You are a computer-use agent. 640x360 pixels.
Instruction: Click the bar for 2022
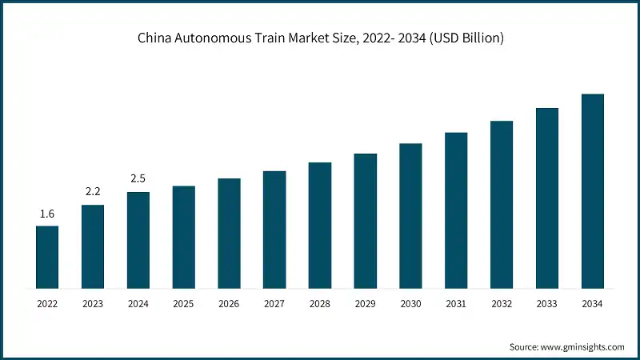(47, 257)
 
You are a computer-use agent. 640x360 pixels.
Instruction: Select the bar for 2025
(183, 237)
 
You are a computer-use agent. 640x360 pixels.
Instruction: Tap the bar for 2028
(320, 225)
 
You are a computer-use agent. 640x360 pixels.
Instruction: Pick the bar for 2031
(456, 210)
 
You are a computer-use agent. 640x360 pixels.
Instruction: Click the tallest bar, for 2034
(592, 190)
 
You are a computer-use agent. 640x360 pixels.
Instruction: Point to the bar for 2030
(410, 215)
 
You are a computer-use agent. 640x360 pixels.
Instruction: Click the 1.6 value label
(47, 214)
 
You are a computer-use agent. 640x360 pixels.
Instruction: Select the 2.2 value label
(93, 193)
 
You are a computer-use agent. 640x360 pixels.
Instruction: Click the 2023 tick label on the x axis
(93, 304)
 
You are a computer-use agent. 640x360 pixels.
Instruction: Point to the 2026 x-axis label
(229, 304)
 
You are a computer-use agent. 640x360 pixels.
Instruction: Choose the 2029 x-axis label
(365, 304)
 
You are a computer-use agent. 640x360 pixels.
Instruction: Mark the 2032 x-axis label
(502, 304)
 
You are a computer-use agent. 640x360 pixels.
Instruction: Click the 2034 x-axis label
(592, 304)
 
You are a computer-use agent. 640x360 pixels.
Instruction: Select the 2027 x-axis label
(274, 304)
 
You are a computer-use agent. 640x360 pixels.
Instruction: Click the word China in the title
(153, 38)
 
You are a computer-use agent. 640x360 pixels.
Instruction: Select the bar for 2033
(546, 198)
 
